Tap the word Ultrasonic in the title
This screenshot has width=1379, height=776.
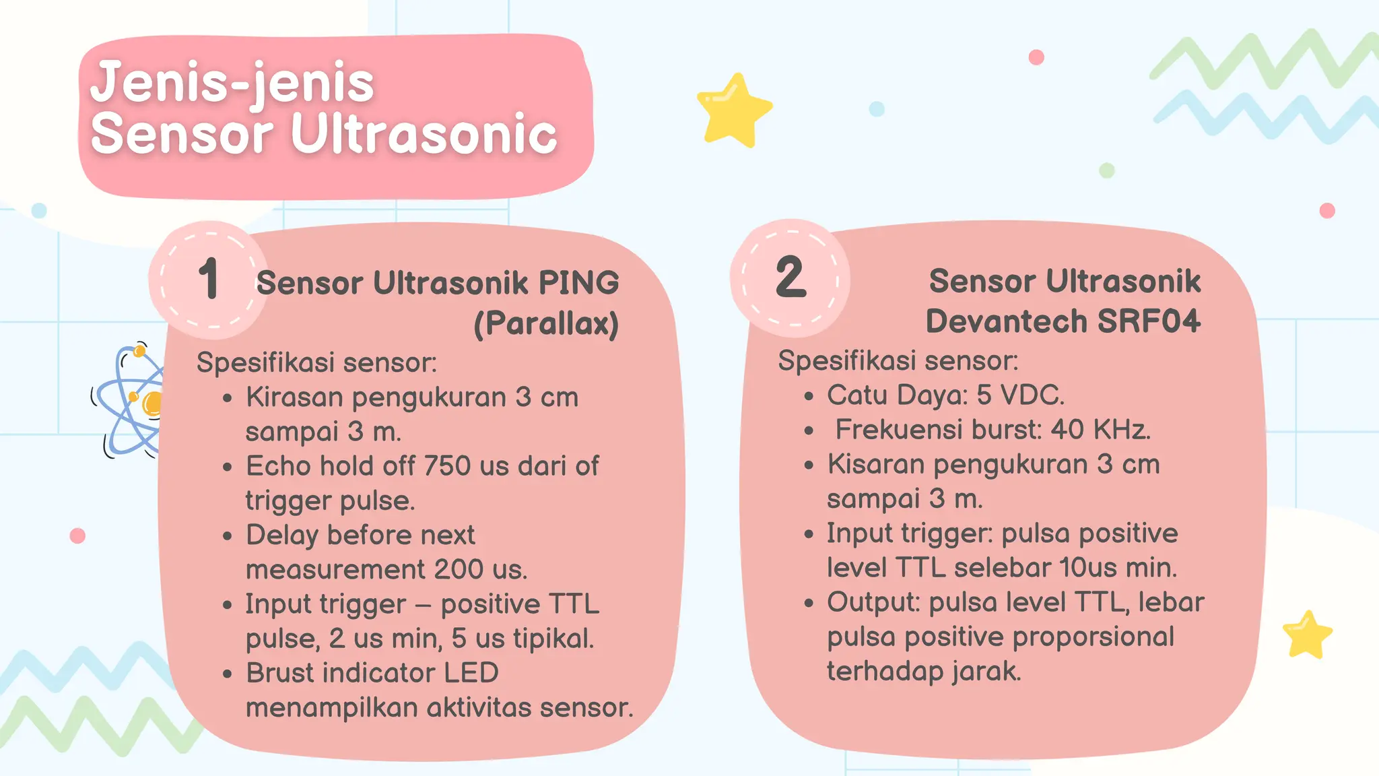(424, 134)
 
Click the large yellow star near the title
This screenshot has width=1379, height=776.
(733, 110)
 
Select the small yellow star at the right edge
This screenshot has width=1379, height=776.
(1307, 635)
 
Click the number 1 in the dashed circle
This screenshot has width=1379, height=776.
(209, 279)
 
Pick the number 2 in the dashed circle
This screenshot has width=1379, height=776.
(791, 277)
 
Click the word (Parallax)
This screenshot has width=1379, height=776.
(546, 323)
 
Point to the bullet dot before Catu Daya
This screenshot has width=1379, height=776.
(809, 397)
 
